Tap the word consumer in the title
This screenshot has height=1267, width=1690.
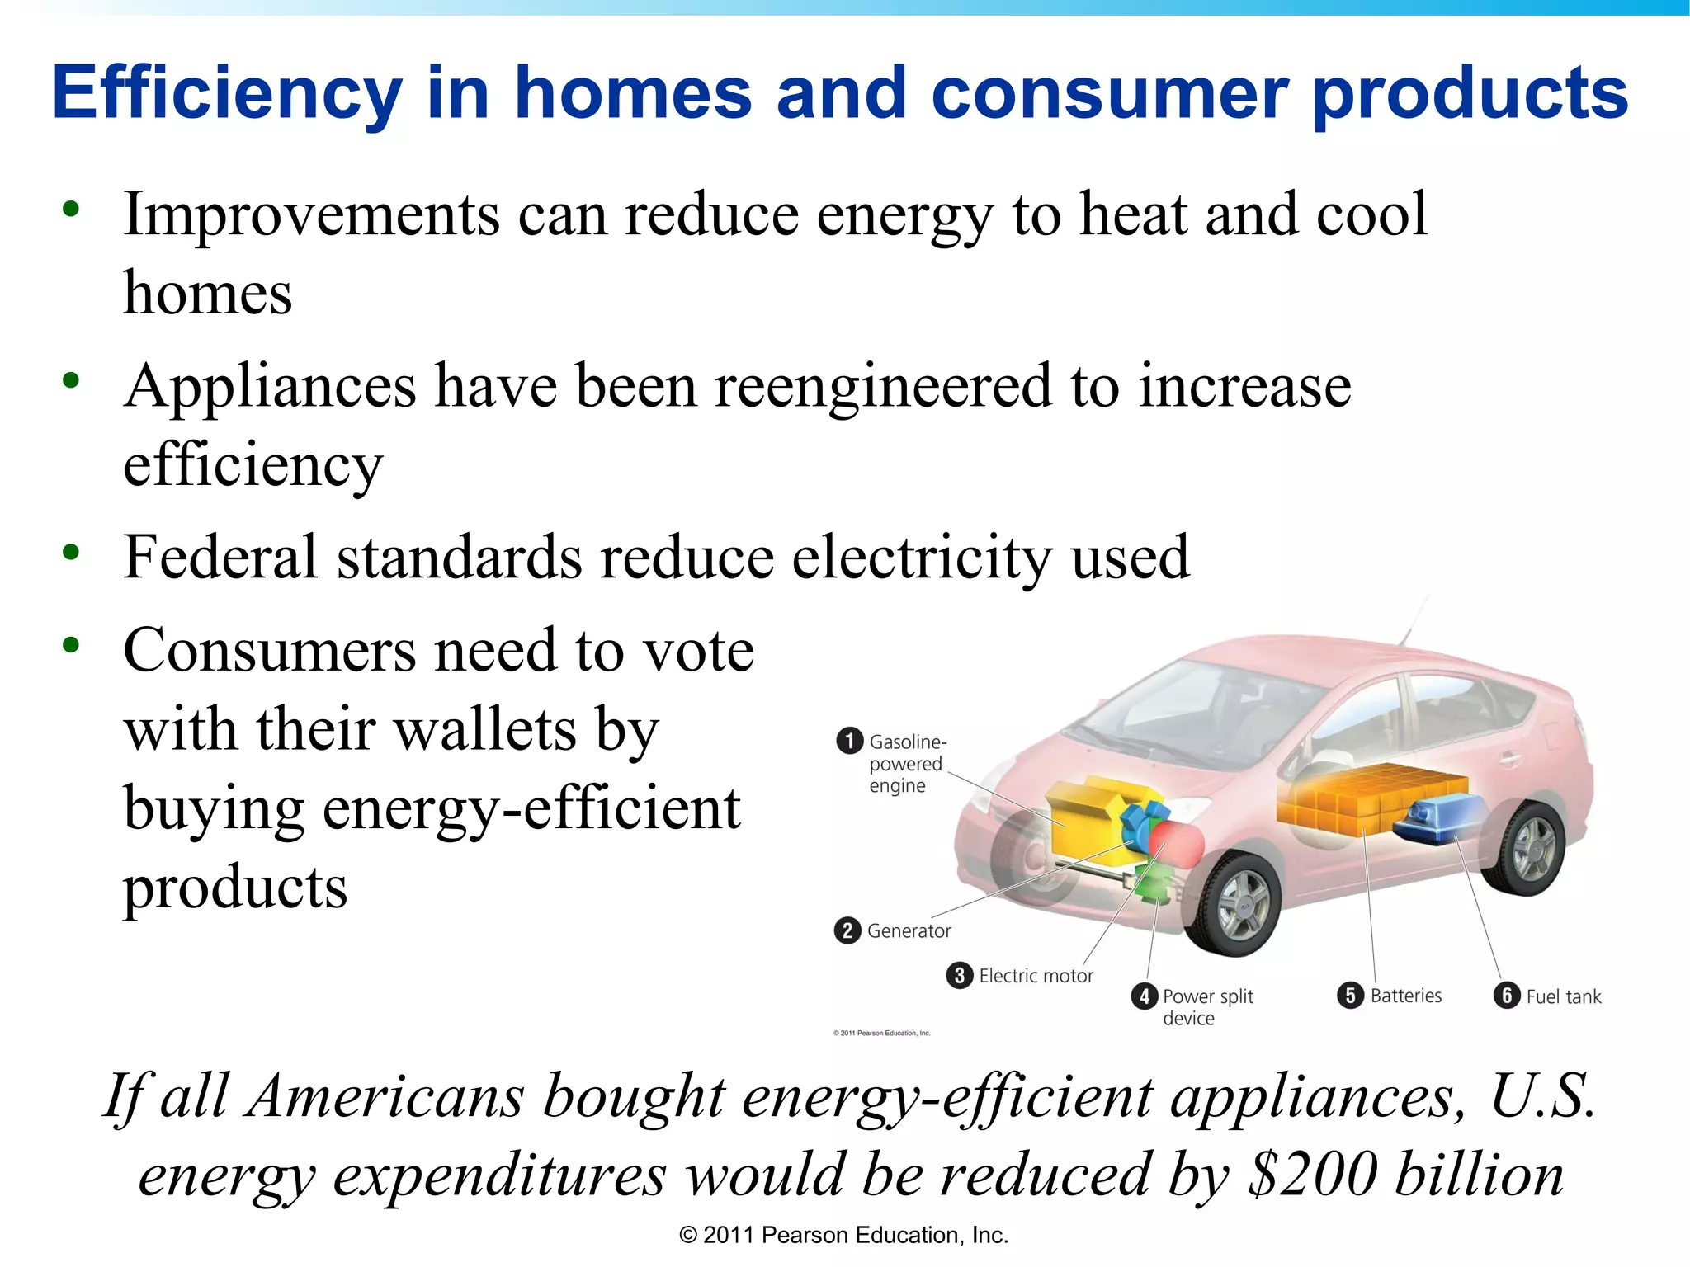1108,93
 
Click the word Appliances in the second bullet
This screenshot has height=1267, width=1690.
270,387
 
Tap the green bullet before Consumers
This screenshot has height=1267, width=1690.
72,645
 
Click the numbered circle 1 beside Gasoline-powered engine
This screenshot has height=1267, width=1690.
849,741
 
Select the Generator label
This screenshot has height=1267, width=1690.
909,931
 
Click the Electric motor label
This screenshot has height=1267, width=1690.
1036,976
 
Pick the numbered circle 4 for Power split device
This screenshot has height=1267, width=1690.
1144,996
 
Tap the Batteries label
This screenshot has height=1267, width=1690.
1405,996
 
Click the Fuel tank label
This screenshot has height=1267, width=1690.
1563,996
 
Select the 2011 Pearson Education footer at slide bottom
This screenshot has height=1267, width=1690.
843,1235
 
